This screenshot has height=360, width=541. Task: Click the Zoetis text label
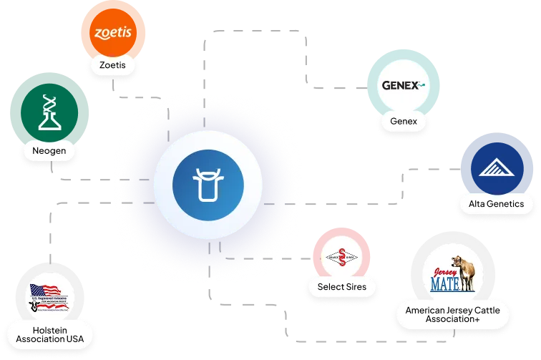(x=112, y=65)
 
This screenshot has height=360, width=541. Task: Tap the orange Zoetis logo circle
(x=113, y=32)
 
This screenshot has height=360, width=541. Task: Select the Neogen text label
(x=49, y=151)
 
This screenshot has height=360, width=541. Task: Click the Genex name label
(x=404, y=121)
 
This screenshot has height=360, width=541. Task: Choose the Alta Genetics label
(x=496, y=204)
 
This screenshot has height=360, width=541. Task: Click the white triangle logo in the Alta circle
(x=496, y=169)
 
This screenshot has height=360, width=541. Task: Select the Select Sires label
(x=342, y=287)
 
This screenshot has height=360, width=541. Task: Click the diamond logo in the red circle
(x=341, y=257)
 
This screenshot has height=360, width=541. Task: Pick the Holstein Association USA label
(x=50, y=334)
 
